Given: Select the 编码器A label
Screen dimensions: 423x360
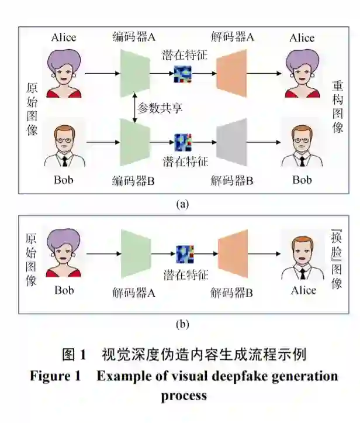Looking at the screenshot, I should pyautogui.click(x=134, y=37).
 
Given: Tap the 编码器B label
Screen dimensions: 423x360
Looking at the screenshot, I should pyautogui.click(x=133, y=180).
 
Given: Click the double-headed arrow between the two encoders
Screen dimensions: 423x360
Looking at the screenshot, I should pyautogui.click(x=134, y=108).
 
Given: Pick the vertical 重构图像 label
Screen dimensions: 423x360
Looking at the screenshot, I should pyautogui.click(x=338, y=107).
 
